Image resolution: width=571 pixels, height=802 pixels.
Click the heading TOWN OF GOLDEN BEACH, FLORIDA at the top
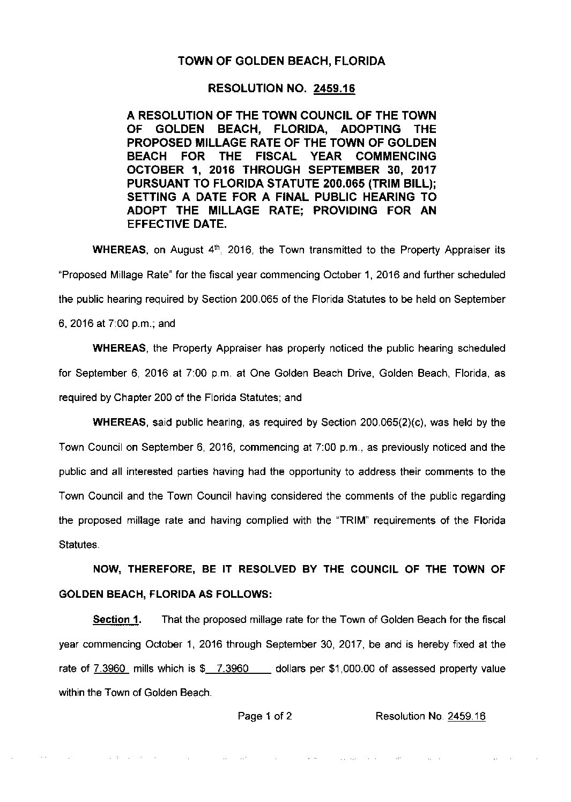pos(281,61)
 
